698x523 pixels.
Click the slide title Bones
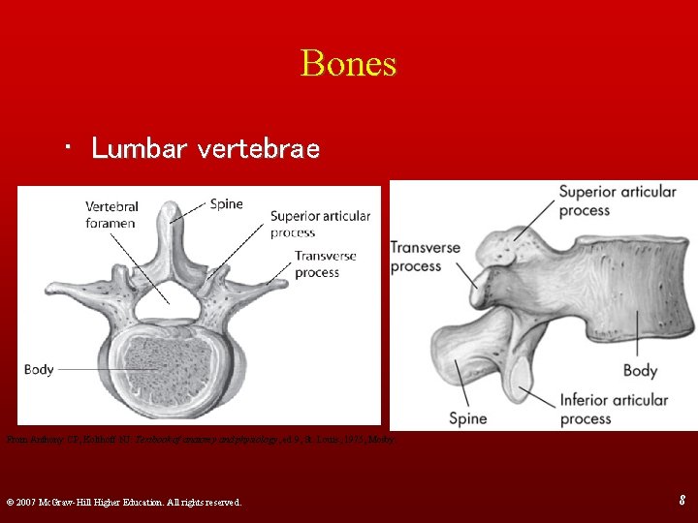click(348, 63)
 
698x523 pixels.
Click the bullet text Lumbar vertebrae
click(205, 148)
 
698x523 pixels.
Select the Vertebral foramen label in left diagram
click(111, 215)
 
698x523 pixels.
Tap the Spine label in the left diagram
click(226, 204)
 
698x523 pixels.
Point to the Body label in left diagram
click(39, 369)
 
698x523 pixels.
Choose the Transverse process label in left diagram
click(326, 264)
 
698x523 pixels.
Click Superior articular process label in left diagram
click(320, 224)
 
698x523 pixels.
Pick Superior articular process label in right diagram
click(617, 200)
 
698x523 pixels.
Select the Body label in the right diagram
click(640, 370)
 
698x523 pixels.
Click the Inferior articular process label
click(613, 409)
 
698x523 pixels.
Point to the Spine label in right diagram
click(467, 418)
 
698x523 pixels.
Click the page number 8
click(682, 501)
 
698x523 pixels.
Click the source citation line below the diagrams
click(205, 439)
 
